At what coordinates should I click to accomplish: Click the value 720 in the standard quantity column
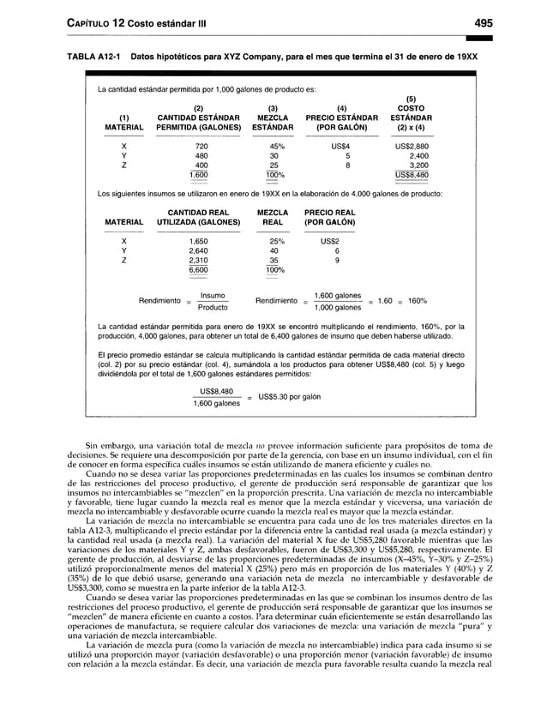(201, 147)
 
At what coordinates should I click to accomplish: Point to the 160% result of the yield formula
(418, 301)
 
